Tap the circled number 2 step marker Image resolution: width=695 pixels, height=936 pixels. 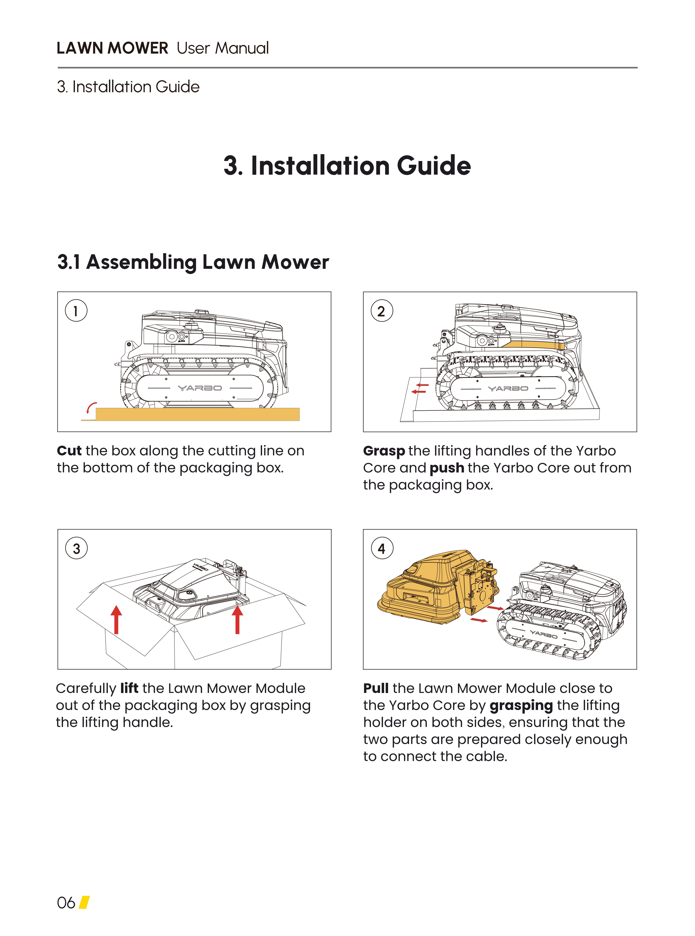pyautogui.click(x=382, y=311)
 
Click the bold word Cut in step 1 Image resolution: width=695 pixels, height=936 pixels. pyautogui.click(x=69, y=451)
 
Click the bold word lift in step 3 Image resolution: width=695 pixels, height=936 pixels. pyautogui.click(x=129, y=688)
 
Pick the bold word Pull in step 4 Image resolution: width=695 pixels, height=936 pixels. pyautogui.click(x=376, y=688)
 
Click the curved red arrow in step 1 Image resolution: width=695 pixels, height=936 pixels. pyautogui.click(x=91, y=407)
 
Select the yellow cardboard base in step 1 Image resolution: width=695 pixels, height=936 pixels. pyautogui.click(x=198, y=414)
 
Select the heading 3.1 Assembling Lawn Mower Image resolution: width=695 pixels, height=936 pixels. pyautogui.click(x=193, y=262)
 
